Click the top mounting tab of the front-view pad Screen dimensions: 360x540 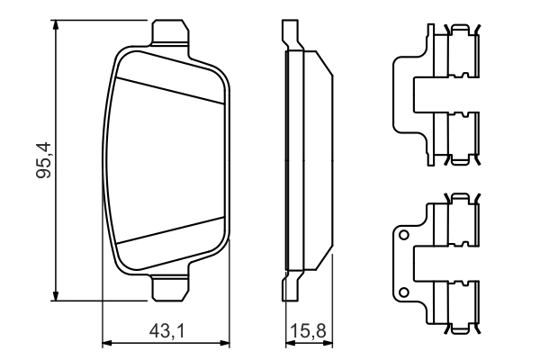(170, 33)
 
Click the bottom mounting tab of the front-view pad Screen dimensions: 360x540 (170, 288)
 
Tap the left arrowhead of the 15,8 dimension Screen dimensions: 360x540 (289, 343)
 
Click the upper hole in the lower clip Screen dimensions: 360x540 (405, 237)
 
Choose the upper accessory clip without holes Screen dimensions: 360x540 (436, 94)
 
